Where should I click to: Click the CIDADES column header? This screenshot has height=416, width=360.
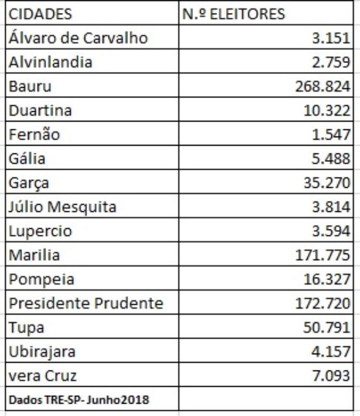pyautogui.click(x=40, y=14)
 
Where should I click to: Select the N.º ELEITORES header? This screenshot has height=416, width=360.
pyautogui.click(x=233, y=14)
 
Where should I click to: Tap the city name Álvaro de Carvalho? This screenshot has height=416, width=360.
pyautogui.click(x=78, y=38)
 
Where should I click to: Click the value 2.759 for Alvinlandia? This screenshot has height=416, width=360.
pyautogui.click(x=331, y=62)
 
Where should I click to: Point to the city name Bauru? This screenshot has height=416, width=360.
pyautogui.click(x=30, y=86)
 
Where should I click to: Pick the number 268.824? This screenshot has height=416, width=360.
pyautogui.click(x=323, y=86)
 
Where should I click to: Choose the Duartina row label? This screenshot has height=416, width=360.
pyautogui.click(x=40, y=110)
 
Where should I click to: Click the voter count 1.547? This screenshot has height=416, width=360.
pyautogui.click(x=331, y=135)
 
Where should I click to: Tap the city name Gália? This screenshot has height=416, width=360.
pyautogui.click(x=27, y=159)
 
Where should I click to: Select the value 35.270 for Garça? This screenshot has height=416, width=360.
pyautogui.click(x=327, y=183)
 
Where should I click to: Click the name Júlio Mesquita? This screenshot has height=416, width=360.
pyautogui.click(x=62, y=207)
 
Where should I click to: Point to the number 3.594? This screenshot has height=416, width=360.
pyautogui.click(x=331, y=231)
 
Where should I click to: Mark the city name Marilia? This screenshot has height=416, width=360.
pyautogui.click(x=34, y=255)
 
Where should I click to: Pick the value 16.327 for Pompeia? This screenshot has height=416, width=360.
pyautogui.click(x=327, y=279)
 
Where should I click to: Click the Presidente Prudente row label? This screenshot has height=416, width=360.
pyautogui.click(x=86, y=303)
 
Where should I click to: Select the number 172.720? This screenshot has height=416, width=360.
pyautogui.click(x=323, y=304)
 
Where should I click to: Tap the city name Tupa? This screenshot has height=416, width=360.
pyautogui.click(x=27, y=328)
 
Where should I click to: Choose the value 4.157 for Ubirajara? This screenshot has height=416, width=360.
pyautogui.click(x=331, y=352)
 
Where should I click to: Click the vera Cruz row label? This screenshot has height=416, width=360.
pyautogui.click(x=43, y=376)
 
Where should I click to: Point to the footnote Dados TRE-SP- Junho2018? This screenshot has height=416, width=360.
pyautogui.click(x=79, y=400)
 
